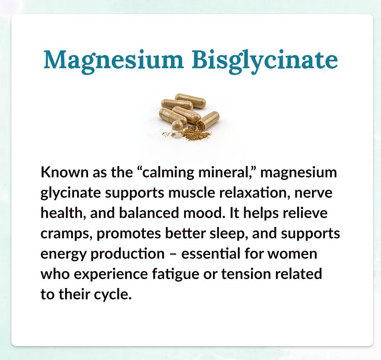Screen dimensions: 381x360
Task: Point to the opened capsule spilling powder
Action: [x=208, y=119]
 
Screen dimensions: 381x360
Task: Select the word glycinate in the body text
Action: [x=71, y=193]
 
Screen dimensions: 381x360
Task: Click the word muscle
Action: [x=192, y=193]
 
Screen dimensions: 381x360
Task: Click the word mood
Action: [x=203, y=213]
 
